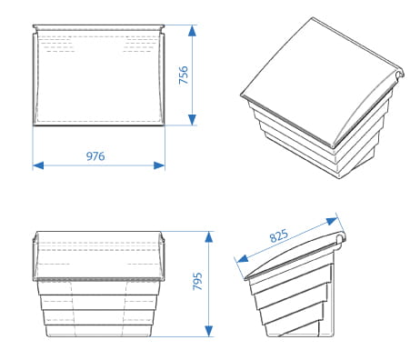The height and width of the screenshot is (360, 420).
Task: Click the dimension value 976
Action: click(x=95, y=156)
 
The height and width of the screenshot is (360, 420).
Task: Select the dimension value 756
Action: click(x=184, y=75)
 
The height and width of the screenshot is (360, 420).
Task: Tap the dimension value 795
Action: click(x=197, y=281)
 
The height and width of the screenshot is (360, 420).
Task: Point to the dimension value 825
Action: click(x=278, y=235)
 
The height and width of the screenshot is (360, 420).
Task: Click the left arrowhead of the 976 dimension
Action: click(x=38, y=165)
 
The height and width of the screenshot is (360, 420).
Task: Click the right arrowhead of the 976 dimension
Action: click(x=159, y=165)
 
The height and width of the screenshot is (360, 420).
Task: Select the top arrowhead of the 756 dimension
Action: click(x=192, y=31)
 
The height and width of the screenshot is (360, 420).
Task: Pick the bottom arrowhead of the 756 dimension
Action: click(x=192, y=120)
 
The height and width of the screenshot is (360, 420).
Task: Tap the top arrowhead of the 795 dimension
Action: click(x=209, y=237)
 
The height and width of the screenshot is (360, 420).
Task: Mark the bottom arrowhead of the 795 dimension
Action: click(x=209, y=331)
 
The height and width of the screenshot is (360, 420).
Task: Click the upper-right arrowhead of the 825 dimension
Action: click(x=332, y=221)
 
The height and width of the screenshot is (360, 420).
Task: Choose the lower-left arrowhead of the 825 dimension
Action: click(x=243, y=258)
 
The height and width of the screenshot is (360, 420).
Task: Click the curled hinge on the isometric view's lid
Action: click(x=400, y=74)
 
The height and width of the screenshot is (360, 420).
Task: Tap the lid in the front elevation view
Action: click(x=98, y=256)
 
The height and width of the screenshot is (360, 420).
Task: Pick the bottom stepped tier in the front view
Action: click(x=98, y=331)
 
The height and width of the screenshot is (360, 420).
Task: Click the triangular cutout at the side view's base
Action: click(x=301, y=331)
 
